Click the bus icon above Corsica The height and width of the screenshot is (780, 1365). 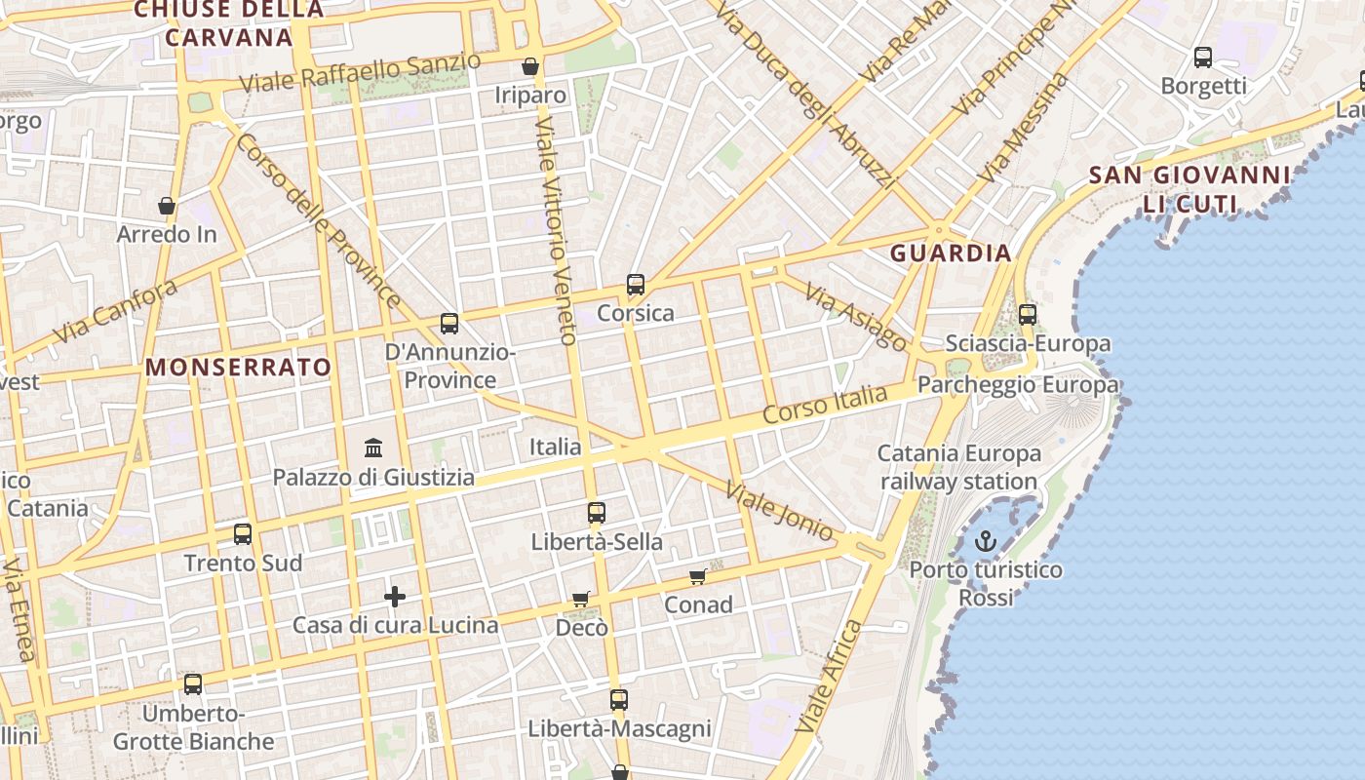pos(636,285)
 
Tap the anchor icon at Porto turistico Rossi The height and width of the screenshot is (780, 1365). pos(986,541)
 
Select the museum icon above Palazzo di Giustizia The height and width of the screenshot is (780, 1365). pos(373,448)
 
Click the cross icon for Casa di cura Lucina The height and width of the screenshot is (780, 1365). pos(395,597)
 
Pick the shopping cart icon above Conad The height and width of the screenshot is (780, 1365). pos(698,577)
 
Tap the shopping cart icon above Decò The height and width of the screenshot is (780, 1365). pos(581,600)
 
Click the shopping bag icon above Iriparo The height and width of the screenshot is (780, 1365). pos(530,66)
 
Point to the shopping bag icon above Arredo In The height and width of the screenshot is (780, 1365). pos(167,206)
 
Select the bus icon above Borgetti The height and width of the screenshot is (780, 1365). pos(1203,58)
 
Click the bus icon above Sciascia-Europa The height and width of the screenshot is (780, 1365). pos(1028,315)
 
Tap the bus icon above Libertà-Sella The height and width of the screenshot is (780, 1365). pos(597,513)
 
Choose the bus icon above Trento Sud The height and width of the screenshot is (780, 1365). pos(243,534)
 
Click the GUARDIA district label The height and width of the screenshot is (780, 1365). pos(951,253)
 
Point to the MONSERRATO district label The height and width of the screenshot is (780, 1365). pos(239,368)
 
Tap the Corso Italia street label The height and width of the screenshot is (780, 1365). pos(825,404)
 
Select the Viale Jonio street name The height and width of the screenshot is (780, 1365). pos(780,508)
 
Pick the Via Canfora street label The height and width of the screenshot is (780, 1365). pos(116,311)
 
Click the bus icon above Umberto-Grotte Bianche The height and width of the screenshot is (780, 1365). pos(193,684)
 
